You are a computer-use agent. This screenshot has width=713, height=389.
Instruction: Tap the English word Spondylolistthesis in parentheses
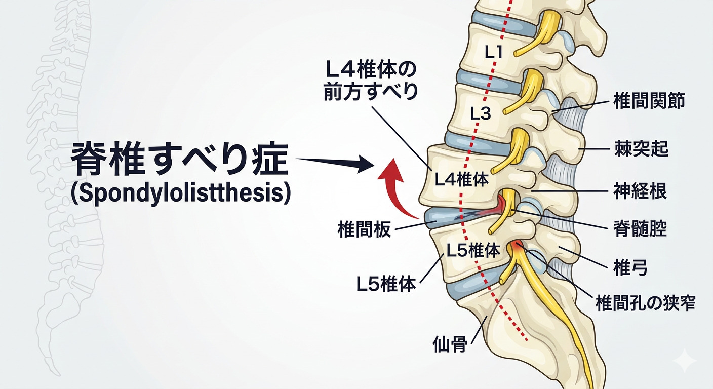(181, 194)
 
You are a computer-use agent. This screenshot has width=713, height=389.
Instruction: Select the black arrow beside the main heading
(334, 163)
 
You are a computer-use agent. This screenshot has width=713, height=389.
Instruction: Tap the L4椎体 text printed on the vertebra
(461, 179)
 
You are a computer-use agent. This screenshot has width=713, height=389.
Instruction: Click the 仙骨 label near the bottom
(449, 344)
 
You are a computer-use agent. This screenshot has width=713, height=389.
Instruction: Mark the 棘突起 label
(641, 149)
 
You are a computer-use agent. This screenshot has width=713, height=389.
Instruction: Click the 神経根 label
(640, 191)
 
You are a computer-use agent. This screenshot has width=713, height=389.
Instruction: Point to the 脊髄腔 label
(640, 229)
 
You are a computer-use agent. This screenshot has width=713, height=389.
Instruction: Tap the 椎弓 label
(630, 268)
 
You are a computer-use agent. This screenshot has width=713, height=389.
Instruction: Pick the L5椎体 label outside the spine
(386, 284)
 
